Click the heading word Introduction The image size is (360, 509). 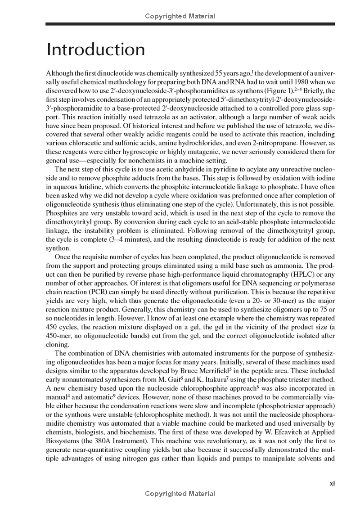pyautogui.click(x=96, y=49)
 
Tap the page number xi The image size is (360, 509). pyautogui.click(x=332, y=483)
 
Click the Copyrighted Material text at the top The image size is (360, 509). pyautogui.click(x=180, y=16)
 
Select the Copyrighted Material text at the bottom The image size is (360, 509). pyautogui.click(x=180, y=494)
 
